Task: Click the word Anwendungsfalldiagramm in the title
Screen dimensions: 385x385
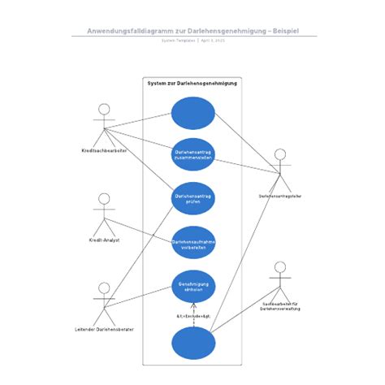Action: pyautogui.click(x=128, y=31)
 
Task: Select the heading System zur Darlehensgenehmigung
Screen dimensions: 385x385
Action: pyautogui.click(x=192, y=84)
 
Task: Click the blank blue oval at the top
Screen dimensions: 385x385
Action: pyautogui.click(x=193, y=113)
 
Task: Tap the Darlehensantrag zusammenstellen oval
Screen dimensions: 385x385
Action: pyautogui.click(x=193, y=154)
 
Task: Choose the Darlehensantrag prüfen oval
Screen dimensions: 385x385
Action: pyautogui.click(x=193, y=198)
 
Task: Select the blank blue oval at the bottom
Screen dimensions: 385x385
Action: pyautogui.click(x=193, y=344)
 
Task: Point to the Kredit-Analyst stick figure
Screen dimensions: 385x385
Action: pyautogui.click(x=103, y=214)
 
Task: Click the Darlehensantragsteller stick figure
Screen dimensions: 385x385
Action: pyautogui.click(x=280, y=169)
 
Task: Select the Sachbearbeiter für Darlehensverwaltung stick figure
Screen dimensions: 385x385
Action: pyautogui.click(x=280, y=281)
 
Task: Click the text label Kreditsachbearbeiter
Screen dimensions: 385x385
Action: pyautogui.click(x=103, y=151)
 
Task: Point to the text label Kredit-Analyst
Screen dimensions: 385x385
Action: pyautogui.click(x=103, y=240)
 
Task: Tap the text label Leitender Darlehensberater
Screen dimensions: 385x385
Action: pyautogui.click(x=103, y=330)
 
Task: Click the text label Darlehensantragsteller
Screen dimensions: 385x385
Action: pyautogui.click(x=280, y=196)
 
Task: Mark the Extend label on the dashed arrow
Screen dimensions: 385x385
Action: pyautogui.click(x=193, y=316)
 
